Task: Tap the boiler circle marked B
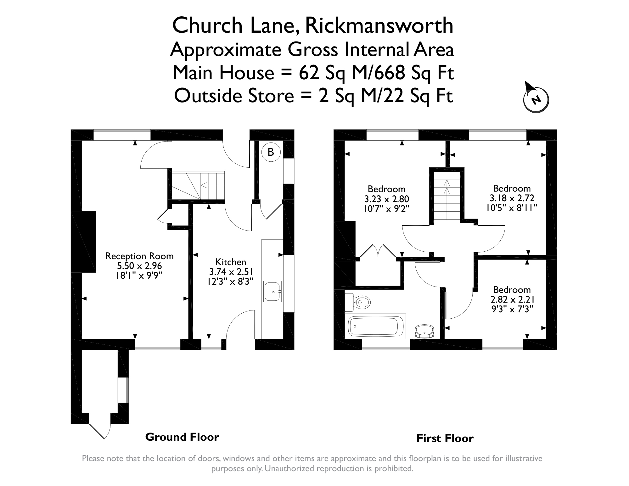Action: click(x=270, y=152)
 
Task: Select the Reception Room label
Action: click(x=139, y=256)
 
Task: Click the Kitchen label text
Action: click(x=230, y=262)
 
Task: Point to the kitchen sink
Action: click(x=272, y=291)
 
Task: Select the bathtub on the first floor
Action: click(x=375, y=326)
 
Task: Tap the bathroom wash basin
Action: click(x=424, y=332)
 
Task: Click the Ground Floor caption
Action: click(x=182, y=437)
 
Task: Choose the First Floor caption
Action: click(x=445, y=438)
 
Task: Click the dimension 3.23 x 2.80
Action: click(x=387, y=199)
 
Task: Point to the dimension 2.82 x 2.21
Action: click(x=512, y=299)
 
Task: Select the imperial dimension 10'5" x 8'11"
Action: click(x=512, y=208)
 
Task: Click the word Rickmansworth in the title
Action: click(x=379, y=25)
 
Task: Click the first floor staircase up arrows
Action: click(x=447, y=187)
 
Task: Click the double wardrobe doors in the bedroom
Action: click(x=378, y=251)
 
